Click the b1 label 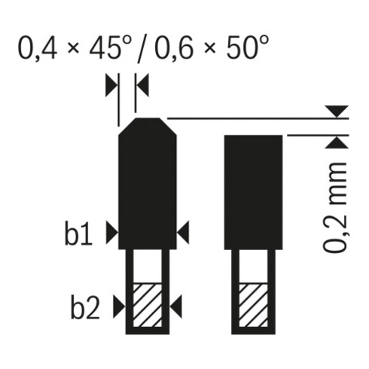(78, 233)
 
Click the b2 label (85, 306)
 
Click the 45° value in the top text (111, 47)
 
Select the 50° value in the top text (248, 47)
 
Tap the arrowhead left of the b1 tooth (112, 233)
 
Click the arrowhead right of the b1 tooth (183, 233)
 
